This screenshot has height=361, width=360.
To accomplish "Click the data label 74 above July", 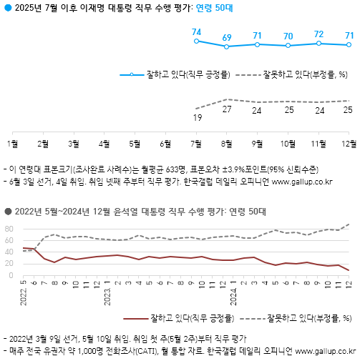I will click(196, 32).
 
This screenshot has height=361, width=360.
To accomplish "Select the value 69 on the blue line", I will click(227, 37).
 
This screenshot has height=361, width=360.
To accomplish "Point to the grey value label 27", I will click(227, 109).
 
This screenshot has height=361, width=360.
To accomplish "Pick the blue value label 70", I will click(288, 36).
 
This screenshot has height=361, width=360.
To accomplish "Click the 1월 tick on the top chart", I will click(11, 143).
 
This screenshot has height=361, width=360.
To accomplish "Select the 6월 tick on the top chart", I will click(165, 143).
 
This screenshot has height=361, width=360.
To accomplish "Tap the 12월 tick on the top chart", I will click(349, 143).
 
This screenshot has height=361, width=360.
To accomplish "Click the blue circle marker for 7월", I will click(196, 41).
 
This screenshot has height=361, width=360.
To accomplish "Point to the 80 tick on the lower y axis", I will click(10, 229).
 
